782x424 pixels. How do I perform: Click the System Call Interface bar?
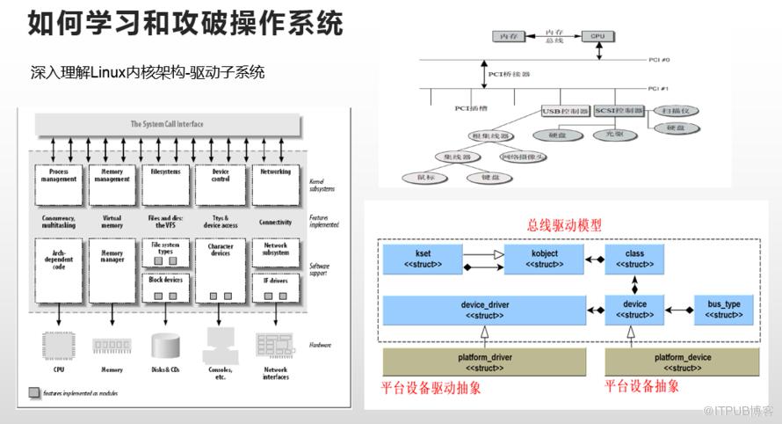point(166,125)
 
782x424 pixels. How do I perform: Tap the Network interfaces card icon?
point(275,342)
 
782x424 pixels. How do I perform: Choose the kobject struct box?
point(544,258)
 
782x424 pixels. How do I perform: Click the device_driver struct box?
point(484,310)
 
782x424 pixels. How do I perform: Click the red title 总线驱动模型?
point(565,225)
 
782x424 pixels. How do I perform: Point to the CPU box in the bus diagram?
point(598,36)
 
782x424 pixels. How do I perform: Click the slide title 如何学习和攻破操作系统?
point(185,24)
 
